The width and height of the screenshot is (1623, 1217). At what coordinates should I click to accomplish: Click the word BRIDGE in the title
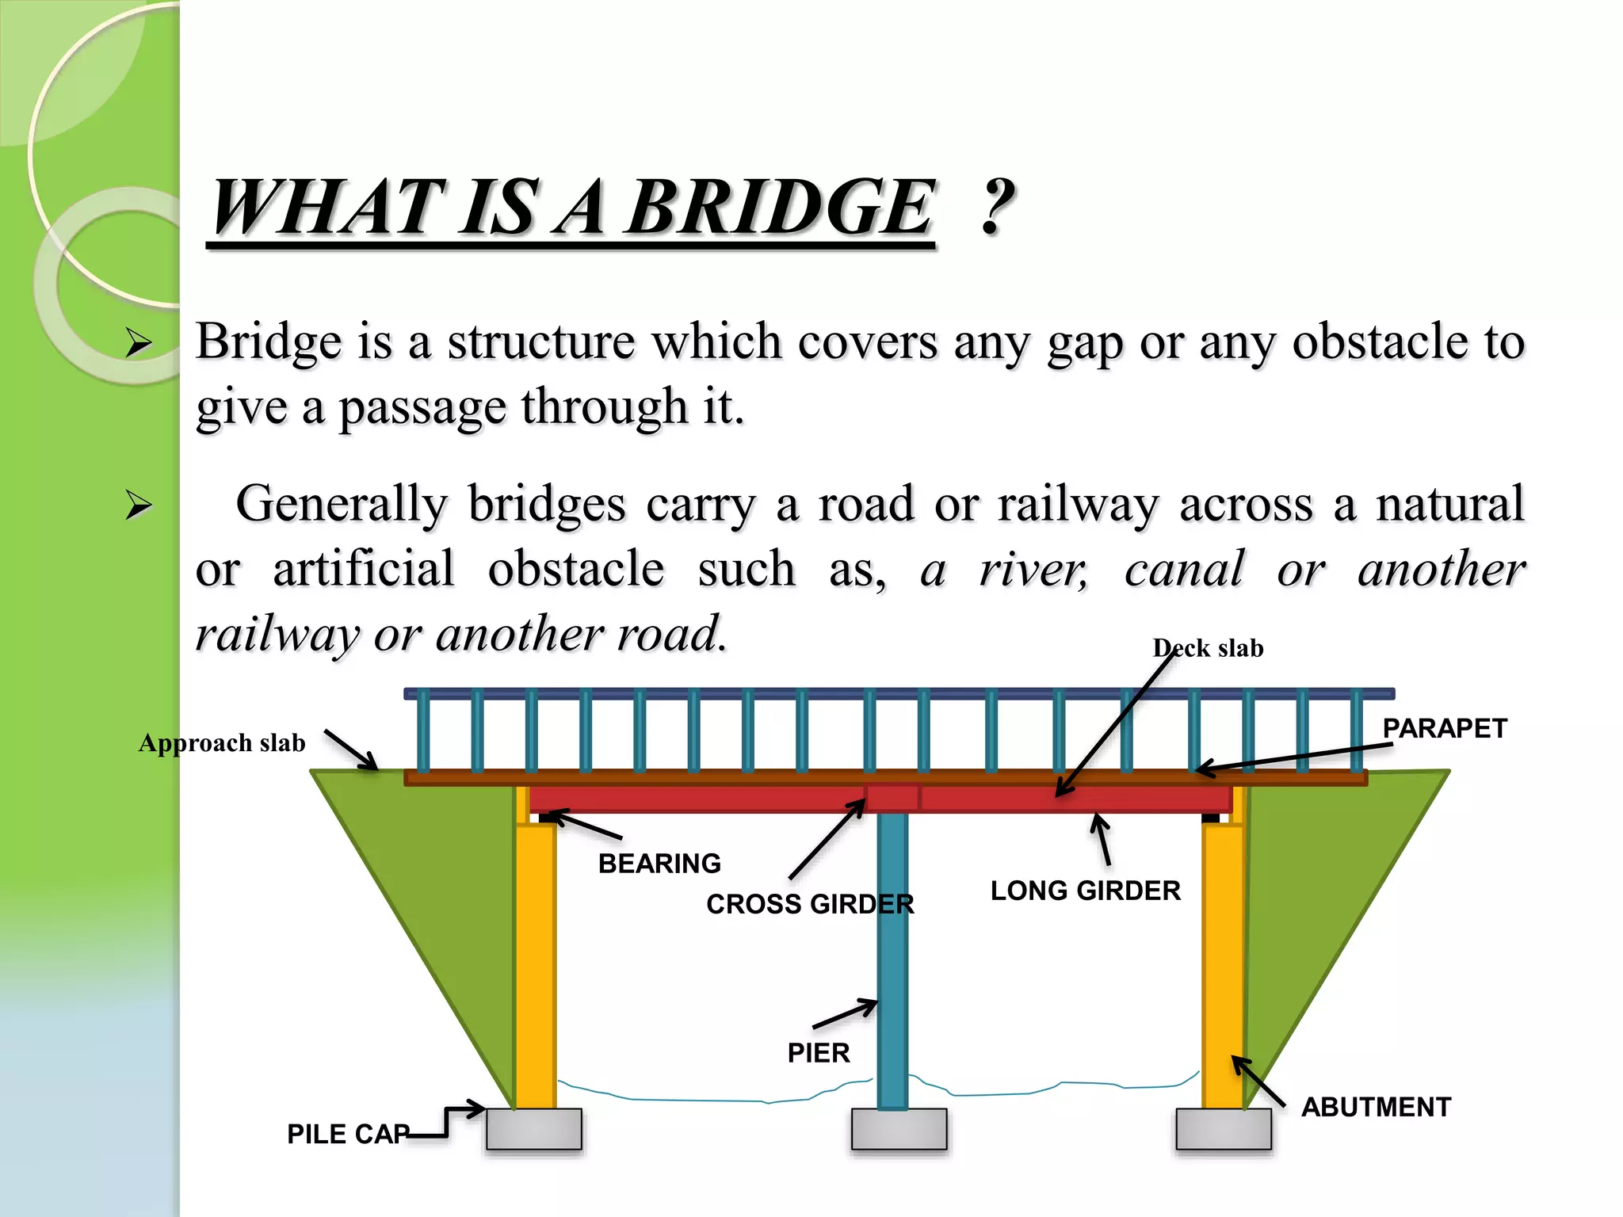click(781, 208)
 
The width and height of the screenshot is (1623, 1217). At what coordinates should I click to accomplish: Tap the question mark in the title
click(997, 208)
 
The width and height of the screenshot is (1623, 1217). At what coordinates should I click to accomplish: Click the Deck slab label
click(1208, 649)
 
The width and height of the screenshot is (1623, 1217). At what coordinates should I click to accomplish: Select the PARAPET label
click(1444, 729)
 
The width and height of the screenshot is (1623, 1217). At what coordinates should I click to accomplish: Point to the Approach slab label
click(222, 743)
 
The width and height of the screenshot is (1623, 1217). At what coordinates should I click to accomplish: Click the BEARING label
click(659, 864)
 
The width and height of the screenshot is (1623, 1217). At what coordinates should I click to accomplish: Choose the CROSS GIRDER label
click(810, 904)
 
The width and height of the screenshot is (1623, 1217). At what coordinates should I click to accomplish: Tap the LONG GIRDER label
click(1085, 891)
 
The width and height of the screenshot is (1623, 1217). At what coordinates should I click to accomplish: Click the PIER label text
click(819, 1053)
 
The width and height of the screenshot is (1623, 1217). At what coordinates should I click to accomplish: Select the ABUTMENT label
click(1376, 1107)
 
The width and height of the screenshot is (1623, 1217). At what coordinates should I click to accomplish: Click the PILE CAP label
click(348, 1134)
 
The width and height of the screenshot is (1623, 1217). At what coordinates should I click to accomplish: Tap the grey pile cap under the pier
click(899, 1129)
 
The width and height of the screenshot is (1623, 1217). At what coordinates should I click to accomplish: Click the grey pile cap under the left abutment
click(533, 1129)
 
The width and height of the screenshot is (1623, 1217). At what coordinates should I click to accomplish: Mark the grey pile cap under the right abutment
click(1223, 1129)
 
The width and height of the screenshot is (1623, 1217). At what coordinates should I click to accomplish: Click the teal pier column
click(892, 951)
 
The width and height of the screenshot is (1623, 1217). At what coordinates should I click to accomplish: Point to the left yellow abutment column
click(536, 967)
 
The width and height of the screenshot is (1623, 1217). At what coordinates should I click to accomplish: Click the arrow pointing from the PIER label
click(846, 1014)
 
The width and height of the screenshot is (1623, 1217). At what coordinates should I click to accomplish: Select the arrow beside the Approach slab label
click(351, 750)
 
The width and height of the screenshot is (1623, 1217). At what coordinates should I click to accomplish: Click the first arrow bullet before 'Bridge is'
click(139, 343)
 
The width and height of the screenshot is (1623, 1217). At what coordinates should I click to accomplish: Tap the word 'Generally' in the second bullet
click(342, 505)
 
